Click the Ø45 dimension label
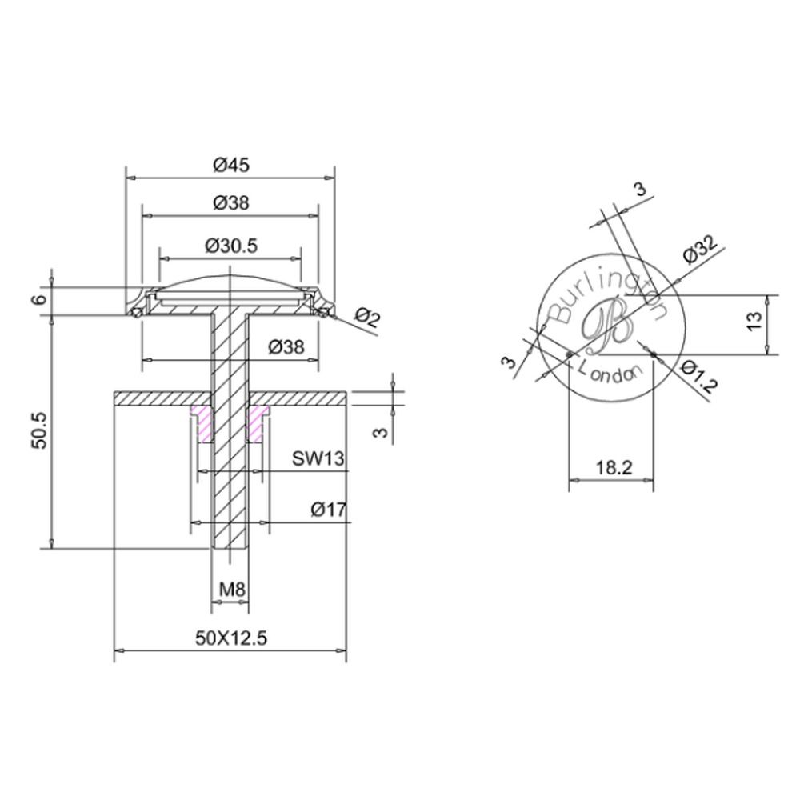click(232, 165)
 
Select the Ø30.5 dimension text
click(231, 246)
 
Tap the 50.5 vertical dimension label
click(39, 430)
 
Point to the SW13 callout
click(318, 458)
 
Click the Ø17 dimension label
click(329, 509)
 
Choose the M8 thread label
click(232, 590)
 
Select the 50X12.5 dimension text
click(231, 638)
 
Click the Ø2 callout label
click(367, 317)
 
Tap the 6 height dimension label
click(40, 299)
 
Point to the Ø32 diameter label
click(700, 249)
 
